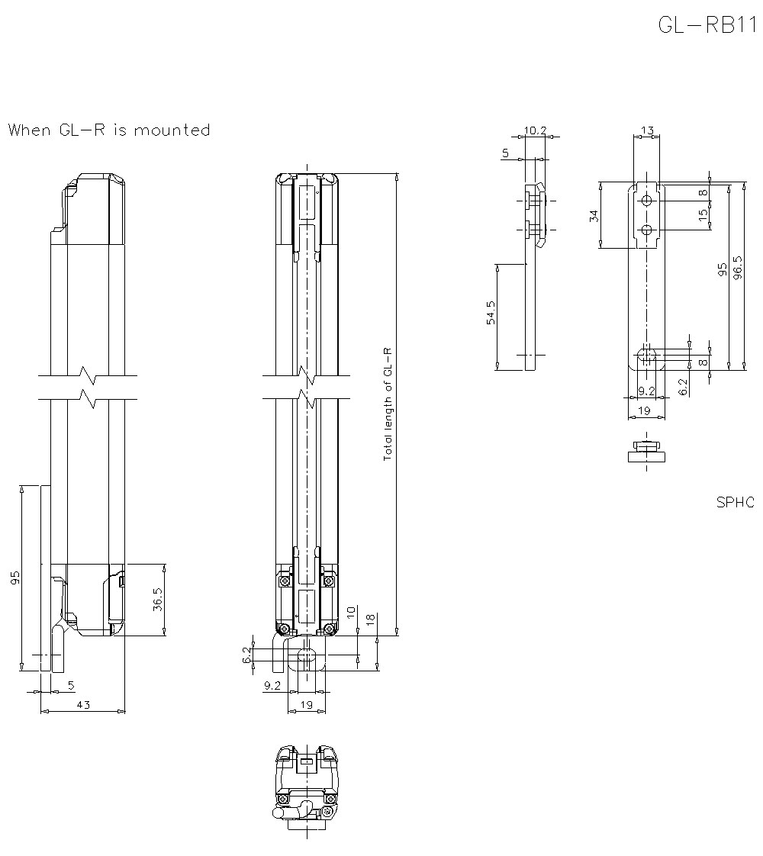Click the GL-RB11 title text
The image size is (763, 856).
point(706,24)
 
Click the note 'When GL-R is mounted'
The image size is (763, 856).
point(108,130)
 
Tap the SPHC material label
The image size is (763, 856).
point(735,502)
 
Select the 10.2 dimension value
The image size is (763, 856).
point(536,130)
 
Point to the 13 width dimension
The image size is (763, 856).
point(647,130)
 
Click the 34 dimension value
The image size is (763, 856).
point(594,215)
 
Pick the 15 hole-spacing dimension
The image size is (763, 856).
point(703,216)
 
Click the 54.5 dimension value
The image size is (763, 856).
point(491,313)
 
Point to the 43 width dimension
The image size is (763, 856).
point(82,705)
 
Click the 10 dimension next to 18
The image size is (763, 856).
point(350,613)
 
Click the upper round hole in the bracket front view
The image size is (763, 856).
point(646,201)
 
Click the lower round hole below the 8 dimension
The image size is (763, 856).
point(646,230)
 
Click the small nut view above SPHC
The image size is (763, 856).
point(645,452)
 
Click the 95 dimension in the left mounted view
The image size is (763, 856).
point(15,578)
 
